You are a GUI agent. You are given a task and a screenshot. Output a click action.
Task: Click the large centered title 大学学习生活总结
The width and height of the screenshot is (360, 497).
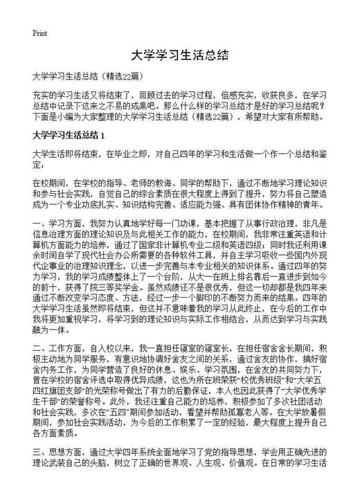[x=179, y=53]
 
